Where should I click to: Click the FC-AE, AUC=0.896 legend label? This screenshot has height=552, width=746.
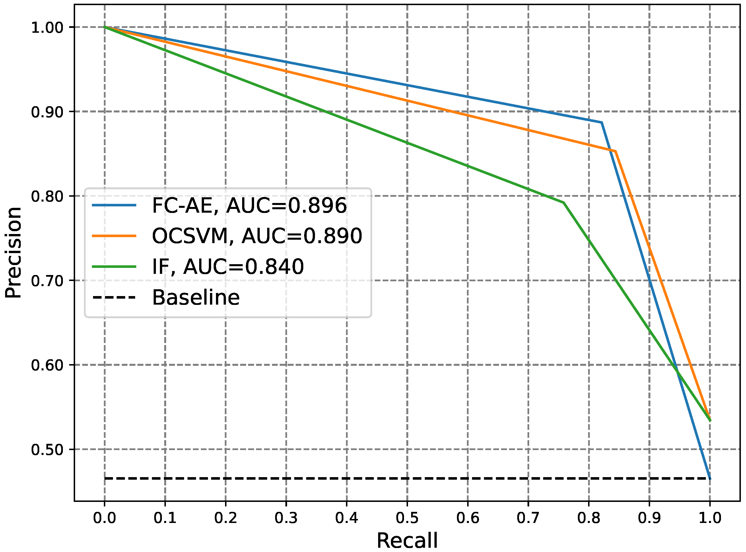pos(249,206)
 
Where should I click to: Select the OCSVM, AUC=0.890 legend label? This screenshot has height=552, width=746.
pos(257,236)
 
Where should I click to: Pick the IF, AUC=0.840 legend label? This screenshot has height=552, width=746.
pos(228,267)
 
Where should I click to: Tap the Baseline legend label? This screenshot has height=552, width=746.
pos(196,297)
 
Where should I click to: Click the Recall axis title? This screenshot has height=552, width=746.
pos(407,541)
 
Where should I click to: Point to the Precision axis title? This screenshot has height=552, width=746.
pos(13,253)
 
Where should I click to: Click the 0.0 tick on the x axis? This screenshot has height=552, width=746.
pos(104,518)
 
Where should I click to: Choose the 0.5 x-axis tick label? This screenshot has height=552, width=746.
pos(407,518)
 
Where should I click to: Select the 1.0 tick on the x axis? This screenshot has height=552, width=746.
pos(710,518)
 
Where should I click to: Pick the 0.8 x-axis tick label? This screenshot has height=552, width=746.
pos(589,518)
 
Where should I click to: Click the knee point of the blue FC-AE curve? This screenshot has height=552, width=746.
pos(601,123)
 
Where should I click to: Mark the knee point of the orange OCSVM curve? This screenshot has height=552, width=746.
pos(615,151)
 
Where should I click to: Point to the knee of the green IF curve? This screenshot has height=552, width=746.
pos(563,202)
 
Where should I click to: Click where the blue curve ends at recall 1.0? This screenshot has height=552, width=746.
pos(710,478)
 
